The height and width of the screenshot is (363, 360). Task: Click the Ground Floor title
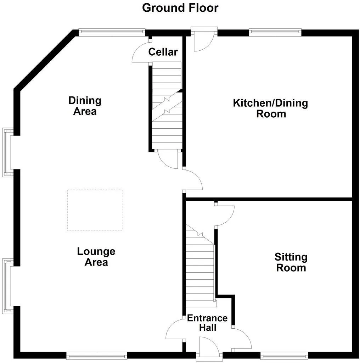tap(180, 8)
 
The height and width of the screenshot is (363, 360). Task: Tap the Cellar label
tap(163, 52)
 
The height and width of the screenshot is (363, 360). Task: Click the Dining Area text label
tap(85, 106)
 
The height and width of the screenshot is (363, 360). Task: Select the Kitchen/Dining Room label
tap(270, 108)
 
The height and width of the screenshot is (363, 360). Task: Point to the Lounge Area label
tap(96, 257)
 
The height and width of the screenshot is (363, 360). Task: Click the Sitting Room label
tap(291, 262)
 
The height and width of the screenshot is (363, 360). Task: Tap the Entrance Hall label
tap(207, 323)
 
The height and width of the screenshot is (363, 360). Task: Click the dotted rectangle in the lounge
tap(95, 210)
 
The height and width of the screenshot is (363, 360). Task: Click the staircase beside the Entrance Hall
tap(200, 266)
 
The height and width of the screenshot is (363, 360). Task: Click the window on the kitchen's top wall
tap(275, 33)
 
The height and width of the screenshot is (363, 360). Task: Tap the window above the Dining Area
tap(112, 33)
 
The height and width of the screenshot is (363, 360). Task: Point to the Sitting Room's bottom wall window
tap(284, 355)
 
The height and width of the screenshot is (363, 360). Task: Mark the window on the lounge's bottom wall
tap(97, 355)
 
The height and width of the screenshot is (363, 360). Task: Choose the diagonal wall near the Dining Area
tap(45, 60)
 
